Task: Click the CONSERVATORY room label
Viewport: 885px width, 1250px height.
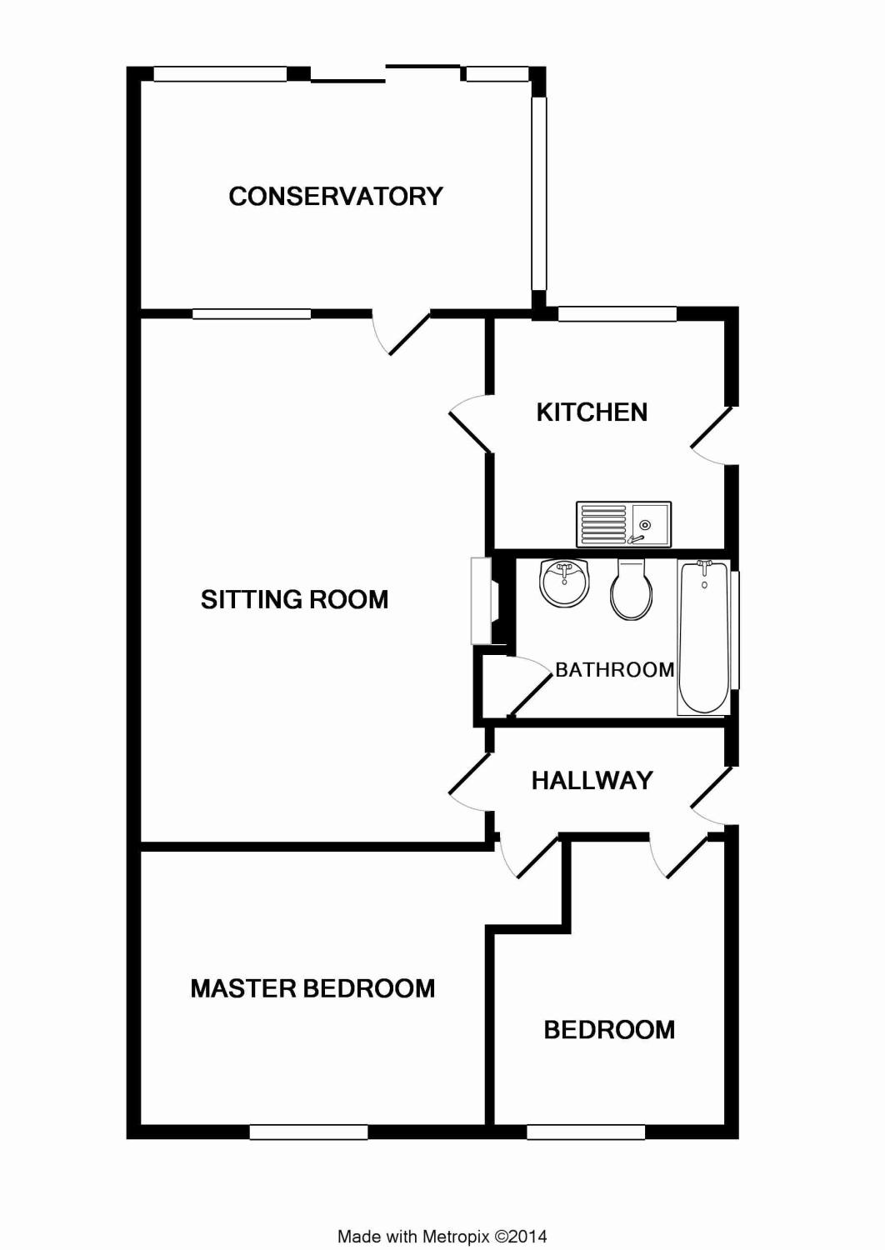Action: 335,196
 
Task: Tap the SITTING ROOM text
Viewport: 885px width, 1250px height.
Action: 294,599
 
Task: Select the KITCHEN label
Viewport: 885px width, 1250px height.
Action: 592,412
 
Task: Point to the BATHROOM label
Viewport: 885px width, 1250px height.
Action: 614,669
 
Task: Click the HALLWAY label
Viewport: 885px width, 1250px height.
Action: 592,780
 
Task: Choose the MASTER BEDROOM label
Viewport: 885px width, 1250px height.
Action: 312,988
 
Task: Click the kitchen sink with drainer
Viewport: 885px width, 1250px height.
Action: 623,524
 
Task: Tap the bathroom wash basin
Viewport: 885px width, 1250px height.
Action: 564,582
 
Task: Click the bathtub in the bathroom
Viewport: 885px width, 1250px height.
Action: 703,637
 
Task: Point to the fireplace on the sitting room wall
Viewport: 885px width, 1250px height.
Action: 482,600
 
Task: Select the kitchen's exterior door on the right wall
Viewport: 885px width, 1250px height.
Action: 712,432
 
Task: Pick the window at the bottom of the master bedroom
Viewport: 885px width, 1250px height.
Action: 308,1132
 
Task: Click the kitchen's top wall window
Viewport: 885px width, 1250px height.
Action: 617,313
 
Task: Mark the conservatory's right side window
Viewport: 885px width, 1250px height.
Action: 538,192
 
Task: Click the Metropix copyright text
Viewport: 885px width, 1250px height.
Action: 442,1237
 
